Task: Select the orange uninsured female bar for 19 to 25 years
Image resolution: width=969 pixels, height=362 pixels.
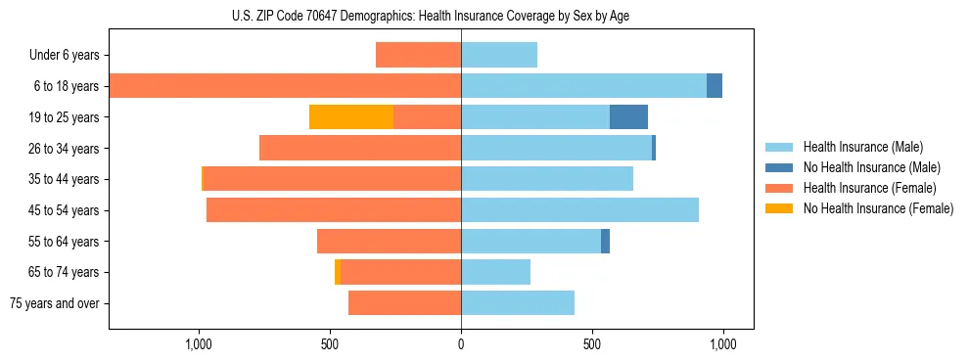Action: click(x=351, y=117)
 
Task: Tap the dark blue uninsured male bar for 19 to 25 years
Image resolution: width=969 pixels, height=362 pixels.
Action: click(x=628, y=117)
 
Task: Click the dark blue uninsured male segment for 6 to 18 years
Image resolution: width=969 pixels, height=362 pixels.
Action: click(x=715, y=86)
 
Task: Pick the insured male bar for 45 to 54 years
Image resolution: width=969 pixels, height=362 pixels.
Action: click(x=579, y=210)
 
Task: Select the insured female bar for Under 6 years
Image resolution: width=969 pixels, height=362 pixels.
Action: click(x=418, y=55)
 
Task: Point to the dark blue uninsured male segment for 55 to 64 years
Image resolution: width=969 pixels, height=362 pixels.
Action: click(x=605, y=242)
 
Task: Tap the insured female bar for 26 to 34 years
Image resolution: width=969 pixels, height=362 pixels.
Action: click(x=360, y=148)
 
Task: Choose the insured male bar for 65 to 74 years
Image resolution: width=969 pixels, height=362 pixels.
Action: click(x=495, y=272)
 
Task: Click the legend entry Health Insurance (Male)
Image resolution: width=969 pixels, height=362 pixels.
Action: click(x=862, y=147)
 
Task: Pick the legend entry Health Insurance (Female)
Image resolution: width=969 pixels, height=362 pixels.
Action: click(x=869, y=188)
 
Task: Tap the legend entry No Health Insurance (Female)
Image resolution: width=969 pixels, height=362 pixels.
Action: click(x=878, y=208)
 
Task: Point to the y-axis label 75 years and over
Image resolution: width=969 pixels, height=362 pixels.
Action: click(x=55, y=303)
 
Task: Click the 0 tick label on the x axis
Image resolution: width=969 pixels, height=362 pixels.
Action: click(x=461, y=345)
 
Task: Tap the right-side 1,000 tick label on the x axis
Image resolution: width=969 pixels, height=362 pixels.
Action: click(x=722, y=345)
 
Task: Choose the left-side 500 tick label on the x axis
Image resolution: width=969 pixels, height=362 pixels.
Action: click(x=330, y=345)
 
